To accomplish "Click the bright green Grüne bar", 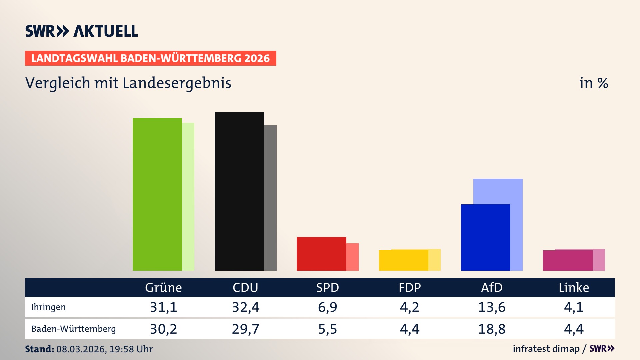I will click(x=157, y=194).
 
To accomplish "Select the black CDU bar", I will click(x=239, y=191).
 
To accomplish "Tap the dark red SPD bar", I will click(x=321, y=254).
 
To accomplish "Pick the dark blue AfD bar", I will click(x=485, y=237).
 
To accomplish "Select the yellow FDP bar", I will click(x=403, y=260).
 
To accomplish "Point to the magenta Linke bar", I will click(x=567, y=261).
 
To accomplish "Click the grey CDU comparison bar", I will click(x=270, y=198).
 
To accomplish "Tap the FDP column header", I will click(x=410, y=288).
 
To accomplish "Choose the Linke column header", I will click(x=574, y=288).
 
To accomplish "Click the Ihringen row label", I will click(x=48, y=307).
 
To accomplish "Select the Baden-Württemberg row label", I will click(x=73, y=329).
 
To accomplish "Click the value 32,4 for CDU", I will click(x=246, y=307).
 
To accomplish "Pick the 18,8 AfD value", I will click(x=492, y=329).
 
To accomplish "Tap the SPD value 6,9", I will click(x=328, y=307).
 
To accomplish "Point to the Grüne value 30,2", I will click(x=163, y=329).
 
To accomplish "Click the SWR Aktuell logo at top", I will click(x=82, y=31).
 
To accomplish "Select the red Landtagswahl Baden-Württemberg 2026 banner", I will click(x=150, y=58).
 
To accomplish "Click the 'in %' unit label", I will click(x=593, y=83).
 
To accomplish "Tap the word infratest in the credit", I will click(x=529, y=349).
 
